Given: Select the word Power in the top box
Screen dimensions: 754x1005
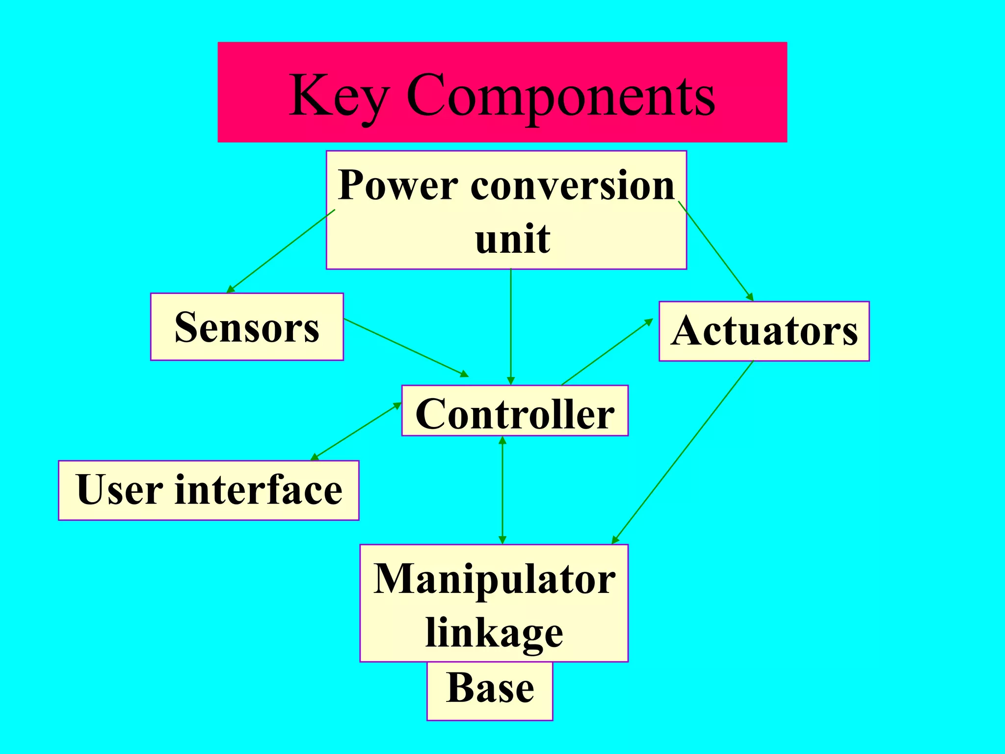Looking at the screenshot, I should pos(398,186).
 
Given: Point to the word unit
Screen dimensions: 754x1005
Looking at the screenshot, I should pos(512,239).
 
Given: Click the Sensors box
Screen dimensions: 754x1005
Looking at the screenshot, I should pos(247,327).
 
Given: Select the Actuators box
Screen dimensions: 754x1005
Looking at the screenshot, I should pos(764,331).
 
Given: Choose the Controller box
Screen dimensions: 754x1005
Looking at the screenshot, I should pos(515,411).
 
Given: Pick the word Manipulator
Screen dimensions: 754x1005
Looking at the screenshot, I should pos(494,579).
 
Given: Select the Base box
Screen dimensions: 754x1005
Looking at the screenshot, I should pos(490,689).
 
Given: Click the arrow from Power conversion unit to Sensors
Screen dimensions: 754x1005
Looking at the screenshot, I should pos(281,251).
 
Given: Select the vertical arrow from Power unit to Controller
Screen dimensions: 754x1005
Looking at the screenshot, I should pos(511,326).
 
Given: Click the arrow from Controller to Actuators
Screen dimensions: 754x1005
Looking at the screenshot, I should pos(607,351).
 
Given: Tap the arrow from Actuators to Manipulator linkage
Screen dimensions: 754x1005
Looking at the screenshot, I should pos(682,452).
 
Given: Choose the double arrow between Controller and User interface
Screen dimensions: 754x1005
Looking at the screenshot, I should pos(356,431).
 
